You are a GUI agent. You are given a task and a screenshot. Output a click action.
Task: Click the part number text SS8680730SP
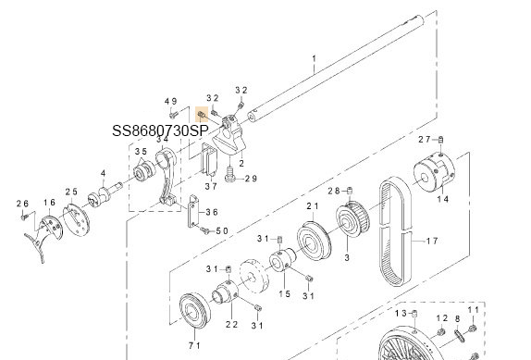point(160,131)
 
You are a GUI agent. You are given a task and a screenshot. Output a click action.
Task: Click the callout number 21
point(312,205)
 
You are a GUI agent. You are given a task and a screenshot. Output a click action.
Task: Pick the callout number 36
point(211,212)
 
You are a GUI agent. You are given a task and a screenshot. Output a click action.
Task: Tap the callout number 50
point(222,230)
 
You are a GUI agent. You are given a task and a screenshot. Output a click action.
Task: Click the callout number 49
point(170,101)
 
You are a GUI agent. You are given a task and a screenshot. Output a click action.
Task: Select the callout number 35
point(140,152)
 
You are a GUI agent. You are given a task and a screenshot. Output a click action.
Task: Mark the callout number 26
point(23,204)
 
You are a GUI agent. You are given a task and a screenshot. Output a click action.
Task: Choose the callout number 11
point(473,308)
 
